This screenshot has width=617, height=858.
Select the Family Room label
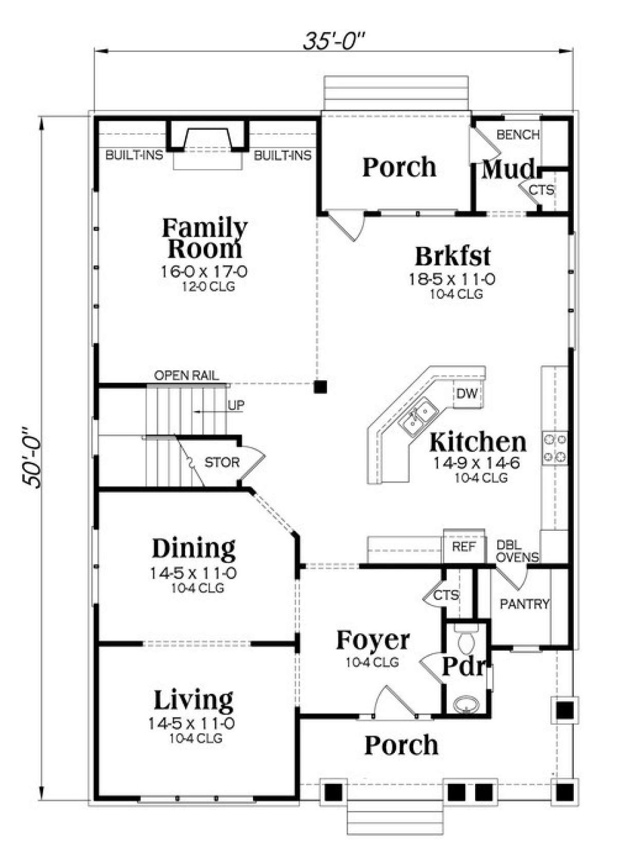pos(205,238)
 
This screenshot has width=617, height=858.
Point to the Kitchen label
pos(478,442)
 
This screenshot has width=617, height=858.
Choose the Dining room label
pos(194,548)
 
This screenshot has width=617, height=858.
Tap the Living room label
pos(193,700)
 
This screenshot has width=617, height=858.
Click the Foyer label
pos(373,640)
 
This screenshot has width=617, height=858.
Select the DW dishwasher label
pos(466,394)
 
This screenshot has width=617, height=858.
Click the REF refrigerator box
pos(463,547)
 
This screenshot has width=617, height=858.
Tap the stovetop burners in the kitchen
pos(555,448)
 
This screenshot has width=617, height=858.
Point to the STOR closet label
pos(222,462)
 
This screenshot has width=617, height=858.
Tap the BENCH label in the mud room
pos(518,134)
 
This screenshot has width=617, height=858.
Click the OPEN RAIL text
pos(187,376)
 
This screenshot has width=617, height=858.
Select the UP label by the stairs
pos(236,405)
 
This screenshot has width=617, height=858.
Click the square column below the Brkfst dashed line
pos(320,387)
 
